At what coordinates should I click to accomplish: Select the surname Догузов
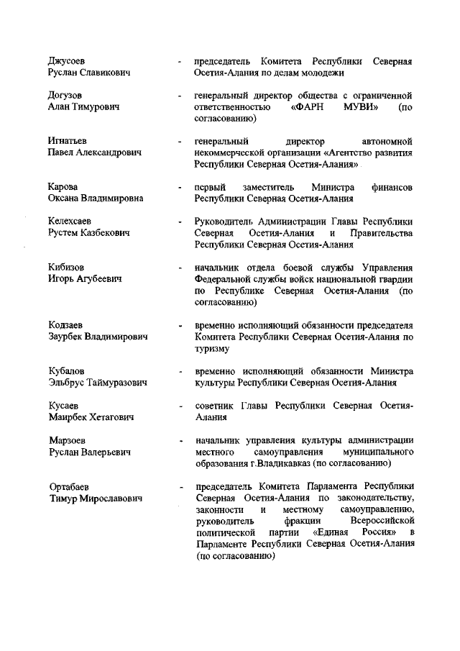tap(65, 95)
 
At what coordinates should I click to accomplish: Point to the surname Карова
tap(63, 187)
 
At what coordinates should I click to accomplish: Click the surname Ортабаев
tap(72, 486)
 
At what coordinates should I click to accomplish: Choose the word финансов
tap(392, 187)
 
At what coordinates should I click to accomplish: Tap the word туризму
tap(212, 349)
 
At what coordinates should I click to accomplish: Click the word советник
tap(217, 405)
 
